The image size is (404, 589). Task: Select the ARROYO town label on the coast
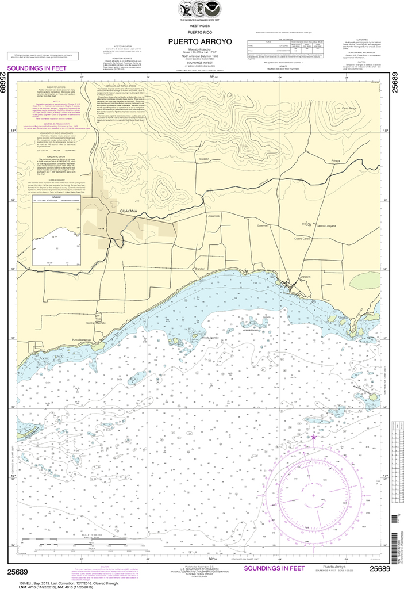(x=305, y=277)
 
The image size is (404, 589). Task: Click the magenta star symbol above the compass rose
(x=314, y=438)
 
